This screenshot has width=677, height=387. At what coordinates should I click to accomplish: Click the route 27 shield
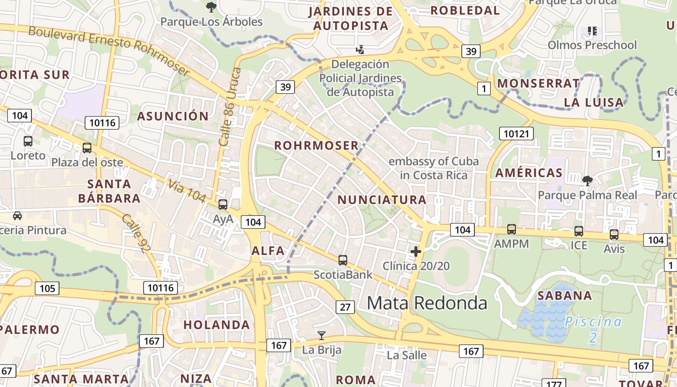(x=345, y=307)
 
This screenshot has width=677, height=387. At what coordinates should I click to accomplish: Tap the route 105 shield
(x=47, y=289)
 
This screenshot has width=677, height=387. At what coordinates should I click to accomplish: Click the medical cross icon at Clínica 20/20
(x=415, y=252)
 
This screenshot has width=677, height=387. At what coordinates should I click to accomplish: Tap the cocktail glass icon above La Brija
(x=321, y=335)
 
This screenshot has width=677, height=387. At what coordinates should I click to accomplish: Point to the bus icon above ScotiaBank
(x=343, y=260)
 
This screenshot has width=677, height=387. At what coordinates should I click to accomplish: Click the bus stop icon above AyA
(x=223, y=205)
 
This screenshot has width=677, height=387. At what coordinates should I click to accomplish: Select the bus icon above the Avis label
(x=614, y=235)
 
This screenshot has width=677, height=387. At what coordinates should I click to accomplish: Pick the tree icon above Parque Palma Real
(x=588, y=181)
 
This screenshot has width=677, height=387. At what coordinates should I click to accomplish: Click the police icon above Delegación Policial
(x=360, y=49)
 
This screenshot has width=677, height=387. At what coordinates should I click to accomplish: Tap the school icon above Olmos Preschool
(x=592, y=31)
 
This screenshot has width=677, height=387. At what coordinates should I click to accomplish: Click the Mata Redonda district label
(x=427, y=303)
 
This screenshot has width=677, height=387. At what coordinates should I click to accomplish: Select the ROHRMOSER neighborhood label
(x=317, y=145)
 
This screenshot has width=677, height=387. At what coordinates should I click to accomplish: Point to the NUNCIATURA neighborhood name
(x=382, y=199)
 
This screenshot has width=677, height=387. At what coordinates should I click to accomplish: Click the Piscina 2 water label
(x=593, y=329)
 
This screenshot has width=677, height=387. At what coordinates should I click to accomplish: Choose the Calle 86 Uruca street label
(x=230, y=107)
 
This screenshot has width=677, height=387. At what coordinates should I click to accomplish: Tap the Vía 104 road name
(x=187, y=191)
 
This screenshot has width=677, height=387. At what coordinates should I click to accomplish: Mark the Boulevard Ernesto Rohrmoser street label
(x=109, y=51)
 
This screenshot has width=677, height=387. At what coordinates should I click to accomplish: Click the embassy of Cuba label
(x=434, y=168)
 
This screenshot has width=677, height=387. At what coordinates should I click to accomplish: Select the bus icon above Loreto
(x=28, y=141)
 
